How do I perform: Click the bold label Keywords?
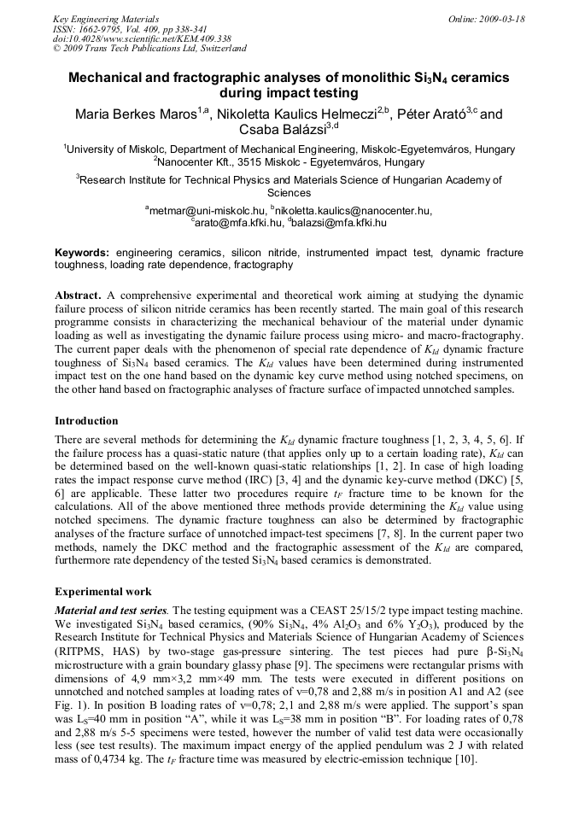coord(83,253)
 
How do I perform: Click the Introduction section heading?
coord(86,421)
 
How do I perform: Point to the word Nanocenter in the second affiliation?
coord(191,161)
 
